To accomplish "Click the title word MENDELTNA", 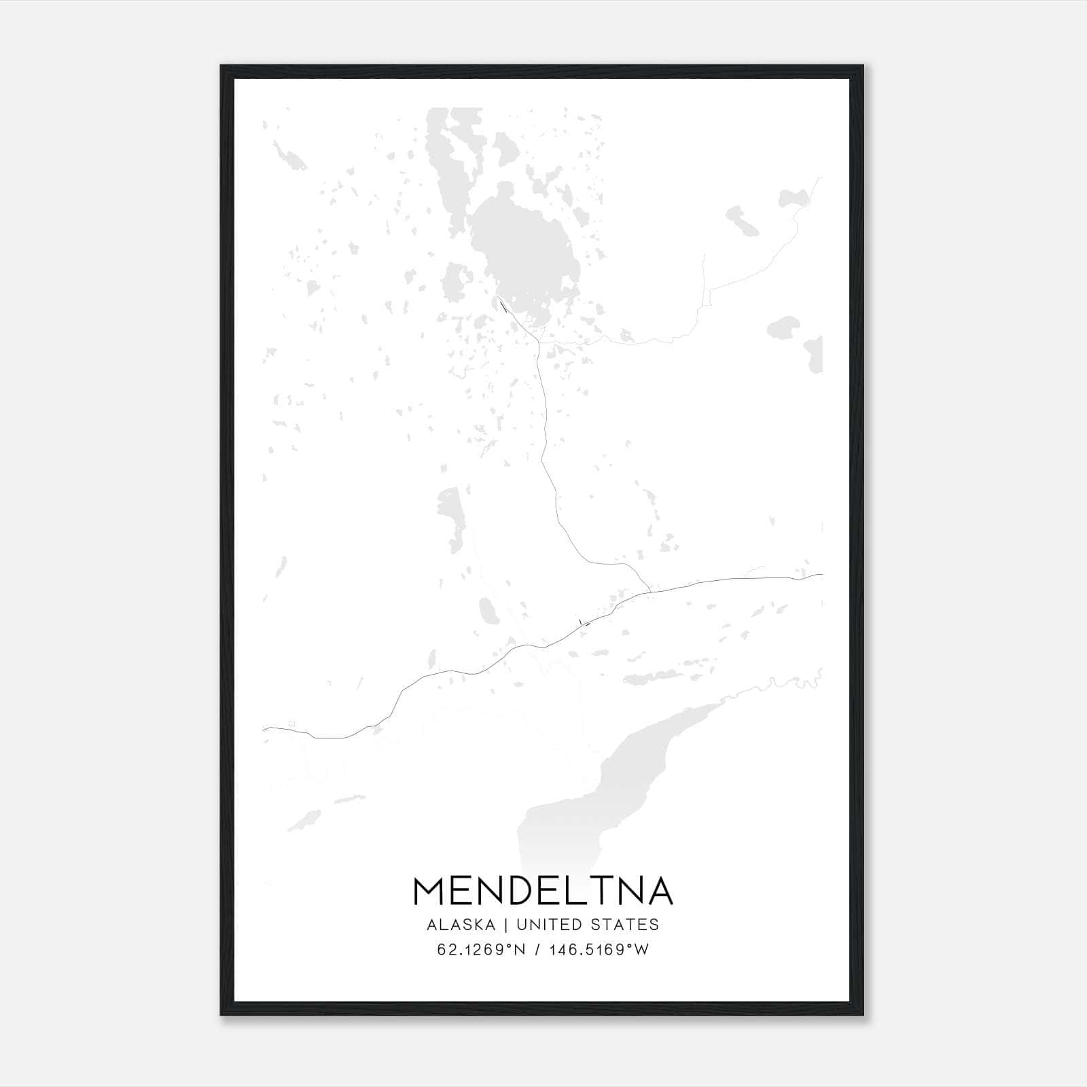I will click(x=543, y=891).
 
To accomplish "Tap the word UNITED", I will click(x=558, y=925).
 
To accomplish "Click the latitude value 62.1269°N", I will click(x=482, y=950).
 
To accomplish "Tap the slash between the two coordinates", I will click(x=537, y=950).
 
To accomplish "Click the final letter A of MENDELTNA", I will click(x=659, y=891).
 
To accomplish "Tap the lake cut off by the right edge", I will click(x=814, y=353).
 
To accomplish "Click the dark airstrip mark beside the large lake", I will click(x=503, y=306).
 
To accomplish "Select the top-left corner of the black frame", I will click(x=222, y=67).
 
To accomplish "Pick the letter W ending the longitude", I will click(x=642, y=950).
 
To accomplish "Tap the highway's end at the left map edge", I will click(x=264, y=729).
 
